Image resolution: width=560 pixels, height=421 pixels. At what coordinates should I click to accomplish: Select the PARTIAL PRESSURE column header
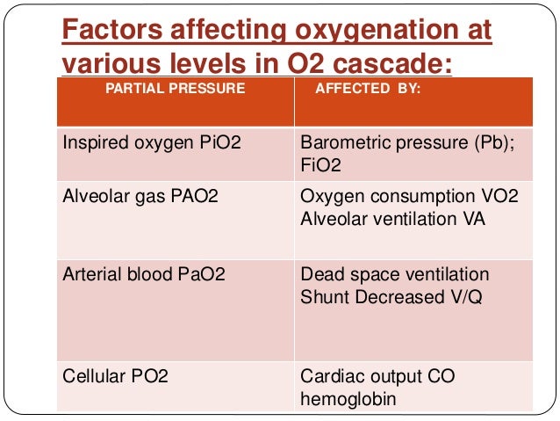pyautogui.click(x=175, y=89)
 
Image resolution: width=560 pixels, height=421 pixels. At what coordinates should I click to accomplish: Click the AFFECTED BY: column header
pyautogui.click(x=367, y=89)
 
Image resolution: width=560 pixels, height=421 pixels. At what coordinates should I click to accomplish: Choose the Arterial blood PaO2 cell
pyautogui.click(x=143, y=275)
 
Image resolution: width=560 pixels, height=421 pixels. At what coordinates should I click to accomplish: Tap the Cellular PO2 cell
pyautogui.click(x=115, y=377)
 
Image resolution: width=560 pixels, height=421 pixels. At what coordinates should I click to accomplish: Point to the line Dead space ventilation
pyautogui.click(x=394, y=275)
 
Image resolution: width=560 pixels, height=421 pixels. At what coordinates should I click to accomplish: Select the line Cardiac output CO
pyautogui.click(x=386, y=377)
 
